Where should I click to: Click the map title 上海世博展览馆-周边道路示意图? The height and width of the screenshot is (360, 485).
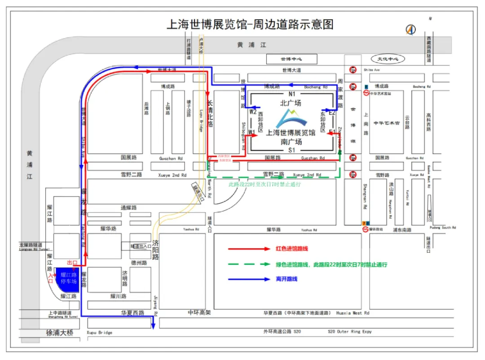coord(250,24)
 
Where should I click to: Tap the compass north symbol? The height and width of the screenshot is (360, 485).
coord(411,30)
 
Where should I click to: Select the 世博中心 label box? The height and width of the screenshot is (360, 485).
coord(292,59)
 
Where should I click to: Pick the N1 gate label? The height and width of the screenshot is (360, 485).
coord(292,94)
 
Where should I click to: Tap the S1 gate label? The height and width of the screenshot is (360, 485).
coord(292,150)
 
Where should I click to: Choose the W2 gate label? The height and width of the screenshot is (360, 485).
coord(253,112)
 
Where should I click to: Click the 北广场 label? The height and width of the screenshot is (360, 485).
coord(291,103)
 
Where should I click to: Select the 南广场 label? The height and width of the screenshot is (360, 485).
coord(291,141)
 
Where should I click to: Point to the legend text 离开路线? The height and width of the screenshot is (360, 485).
coord(287,279)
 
